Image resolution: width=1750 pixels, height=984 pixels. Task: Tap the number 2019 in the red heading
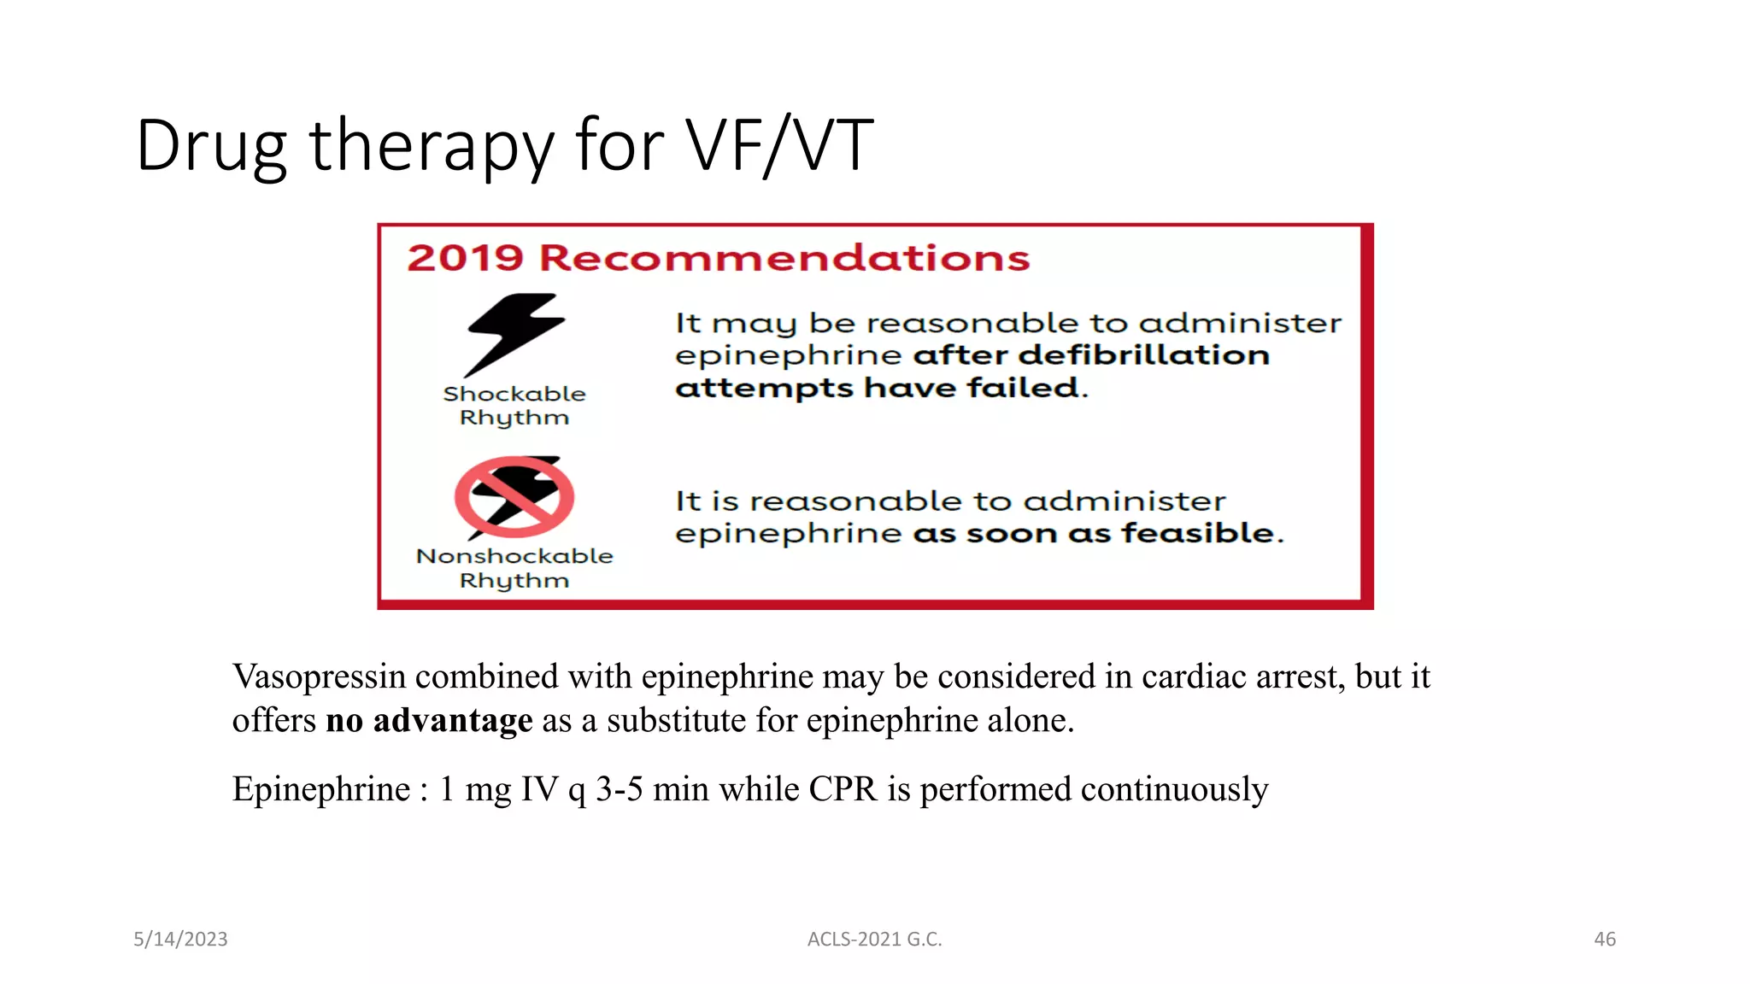tap(465, 258)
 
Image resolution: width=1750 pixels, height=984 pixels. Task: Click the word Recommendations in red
tap(784, 258)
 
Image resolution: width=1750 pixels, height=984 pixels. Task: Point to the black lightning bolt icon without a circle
tap(514, 334)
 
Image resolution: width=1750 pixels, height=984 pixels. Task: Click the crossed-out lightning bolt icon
tap(514, 497)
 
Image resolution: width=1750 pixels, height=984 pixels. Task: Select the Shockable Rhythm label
tap(514, 406)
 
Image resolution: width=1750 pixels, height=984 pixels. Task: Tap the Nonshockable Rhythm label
tap(514, 568)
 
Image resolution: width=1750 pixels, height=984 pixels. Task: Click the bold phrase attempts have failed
tap(881, 389)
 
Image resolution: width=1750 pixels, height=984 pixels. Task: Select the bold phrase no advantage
tap(429, 720)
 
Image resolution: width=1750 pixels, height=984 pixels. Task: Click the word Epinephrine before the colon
tap(321, 789)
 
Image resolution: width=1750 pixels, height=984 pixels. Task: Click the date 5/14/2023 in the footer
tap(180, 939)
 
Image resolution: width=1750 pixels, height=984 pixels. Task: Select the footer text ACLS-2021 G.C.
tap(874, 939)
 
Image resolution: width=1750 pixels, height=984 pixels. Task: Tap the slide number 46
tap(1604, 939)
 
